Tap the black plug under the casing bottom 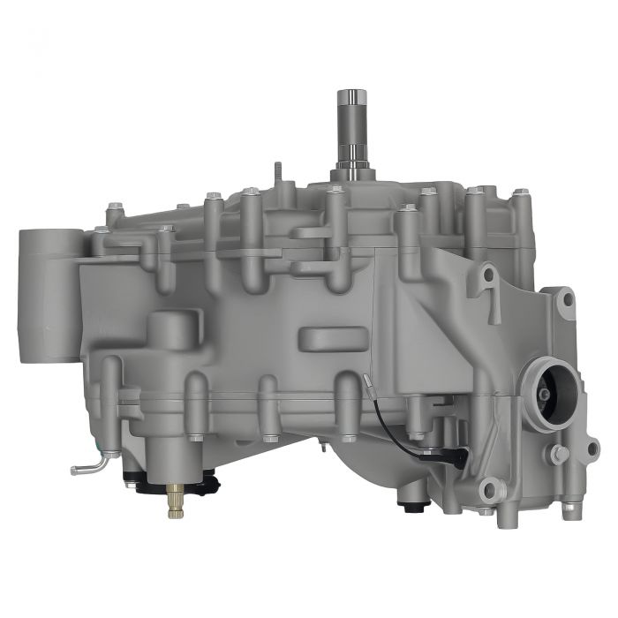410,507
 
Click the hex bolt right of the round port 559,454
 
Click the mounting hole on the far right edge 592,448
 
